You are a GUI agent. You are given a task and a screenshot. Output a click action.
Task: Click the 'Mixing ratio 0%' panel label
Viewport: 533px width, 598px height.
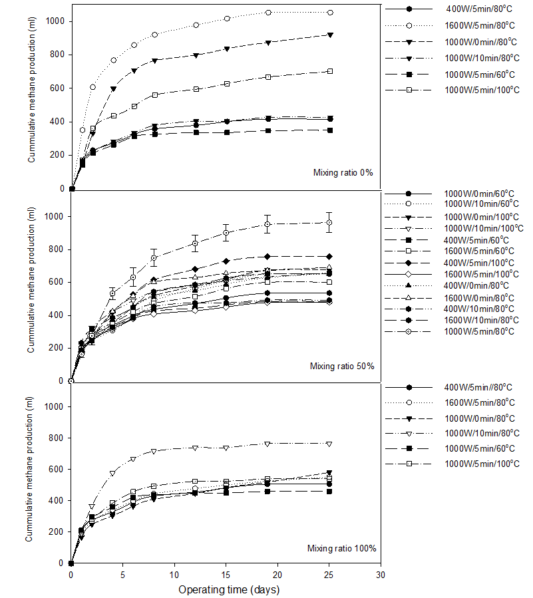[x=343, y=173]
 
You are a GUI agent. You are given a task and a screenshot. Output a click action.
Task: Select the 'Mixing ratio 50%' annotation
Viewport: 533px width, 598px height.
[x=342, y=366]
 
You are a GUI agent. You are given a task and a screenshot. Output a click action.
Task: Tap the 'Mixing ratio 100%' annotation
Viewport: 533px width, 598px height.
[x=342, y=548]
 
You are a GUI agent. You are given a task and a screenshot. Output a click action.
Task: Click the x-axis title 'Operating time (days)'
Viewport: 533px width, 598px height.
[x=229, y=589]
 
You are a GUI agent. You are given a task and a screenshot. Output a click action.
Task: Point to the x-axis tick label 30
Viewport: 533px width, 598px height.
[x=381, y=575]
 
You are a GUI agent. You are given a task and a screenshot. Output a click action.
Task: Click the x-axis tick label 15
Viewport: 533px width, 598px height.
[x=226, y=575]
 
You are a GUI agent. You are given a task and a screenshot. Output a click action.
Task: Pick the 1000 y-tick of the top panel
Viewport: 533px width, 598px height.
[x=55, y=21]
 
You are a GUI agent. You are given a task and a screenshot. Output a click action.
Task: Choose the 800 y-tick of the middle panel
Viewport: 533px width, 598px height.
[x=56, y=249]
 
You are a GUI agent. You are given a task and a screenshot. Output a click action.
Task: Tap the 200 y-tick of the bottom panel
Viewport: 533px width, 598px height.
[x=56, y=531]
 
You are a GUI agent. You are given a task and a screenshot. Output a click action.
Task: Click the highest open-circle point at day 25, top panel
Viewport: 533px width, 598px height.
[x=331, y=13]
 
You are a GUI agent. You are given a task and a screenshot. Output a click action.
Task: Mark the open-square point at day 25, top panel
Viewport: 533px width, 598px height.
[x=331, y=71]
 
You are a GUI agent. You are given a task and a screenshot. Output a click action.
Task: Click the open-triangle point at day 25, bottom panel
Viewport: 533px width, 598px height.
[x=329, y=444]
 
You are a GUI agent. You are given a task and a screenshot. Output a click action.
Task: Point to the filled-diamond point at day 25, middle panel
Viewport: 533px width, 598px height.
[x=329, y=257]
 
